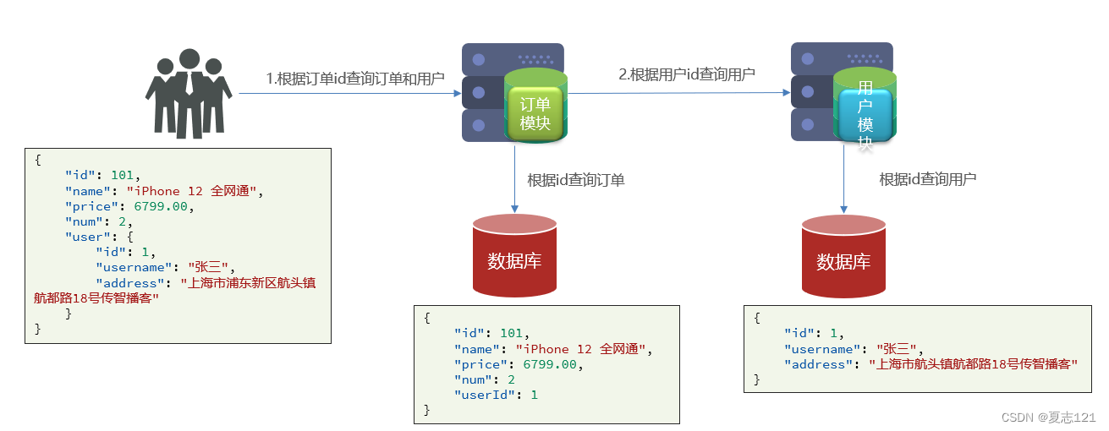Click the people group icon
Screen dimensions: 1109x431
[189, 93]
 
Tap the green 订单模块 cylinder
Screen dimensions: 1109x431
[535, 106]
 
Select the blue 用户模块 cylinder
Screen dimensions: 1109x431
[865, 105]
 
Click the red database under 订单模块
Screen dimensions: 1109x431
[514, 255]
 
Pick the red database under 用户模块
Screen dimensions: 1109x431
[843, 256]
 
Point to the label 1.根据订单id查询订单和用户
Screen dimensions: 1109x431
[355, 79]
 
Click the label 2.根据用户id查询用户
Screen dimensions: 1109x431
[687, 74]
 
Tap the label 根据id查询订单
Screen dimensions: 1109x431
[576, 180]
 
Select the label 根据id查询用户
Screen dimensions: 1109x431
[928, 179]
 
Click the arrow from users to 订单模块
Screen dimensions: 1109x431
[350, 93]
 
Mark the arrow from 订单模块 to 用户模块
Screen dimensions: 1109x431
[678, 92]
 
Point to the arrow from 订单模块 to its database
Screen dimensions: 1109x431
[515, 179]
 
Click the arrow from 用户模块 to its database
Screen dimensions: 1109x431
[843, 179]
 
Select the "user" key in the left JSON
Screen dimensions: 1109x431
[88, 237]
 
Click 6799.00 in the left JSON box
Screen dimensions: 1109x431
[161, 206]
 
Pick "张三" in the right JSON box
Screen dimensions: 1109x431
[897, 349]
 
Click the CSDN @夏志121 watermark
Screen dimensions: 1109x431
[1049, 417]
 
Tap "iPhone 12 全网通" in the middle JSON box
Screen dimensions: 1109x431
[581, 349]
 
